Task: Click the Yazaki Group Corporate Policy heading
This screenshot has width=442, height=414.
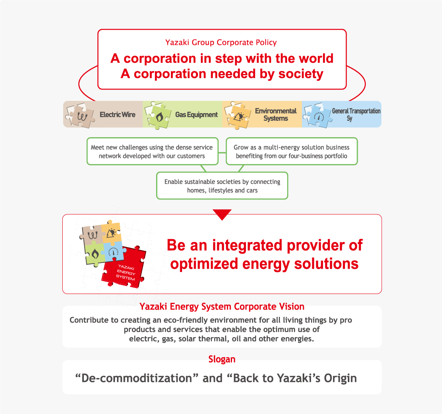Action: pos(221,42)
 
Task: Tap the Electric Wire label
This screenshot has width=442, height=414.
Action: pos(117,115)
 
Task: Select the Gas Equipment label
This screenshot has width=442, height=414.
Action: pos(196,115)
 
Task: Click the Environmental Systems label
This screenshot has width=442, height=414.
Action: pos(276,115)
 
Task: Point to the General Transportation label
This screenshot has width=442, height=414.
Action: pos(356,111)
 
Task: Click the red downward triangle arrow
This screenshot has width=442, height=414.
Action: pos(222,214)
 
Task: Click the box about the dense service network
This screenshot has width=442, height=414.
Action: pos(153,151)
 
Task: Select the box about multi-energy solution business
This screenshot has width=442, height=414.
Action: pos(292,151)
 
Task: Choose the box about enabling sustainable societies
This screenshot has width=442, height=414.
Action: pos(222,186)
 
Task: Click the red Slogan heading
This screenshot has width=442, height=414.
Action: pos(222,359)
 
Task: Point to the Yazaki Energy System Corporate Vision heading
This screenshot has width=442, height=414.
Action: pos(222,307)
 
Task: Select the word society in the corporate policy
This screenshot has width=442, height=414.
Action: pos(301,74)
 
